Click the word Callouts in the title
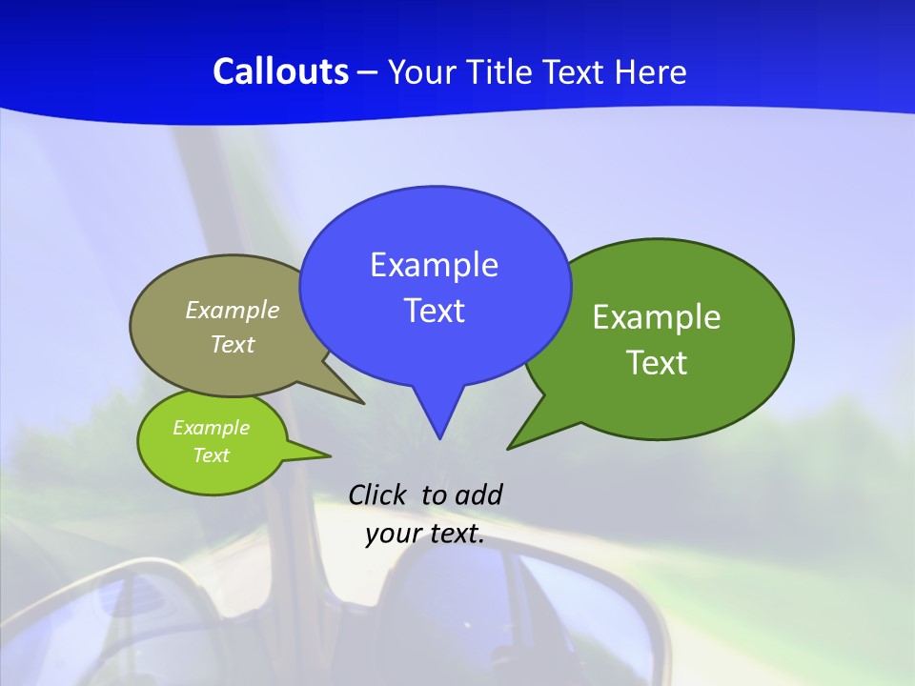pyautogui.click(x=281, y=71)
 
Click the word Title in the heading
pyautogui.click(x=504, y=72)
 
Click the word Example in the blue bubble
pyautogui.click(x=434, y=265)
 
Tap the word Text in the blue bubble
pyautogui.click(x=435, y=311)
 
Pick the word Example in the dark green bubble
pyautogui.click(x=657, y=317)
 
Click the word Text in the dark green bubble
pyautogui.click(x=657, y=363)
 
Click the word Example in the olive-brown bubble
pyautogui.click(x=233, y=311)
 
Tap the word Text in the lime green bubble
pyautogui.click(x=211, y=455)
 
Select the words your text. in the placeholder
pyautogui.click(x=425, y=534)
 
